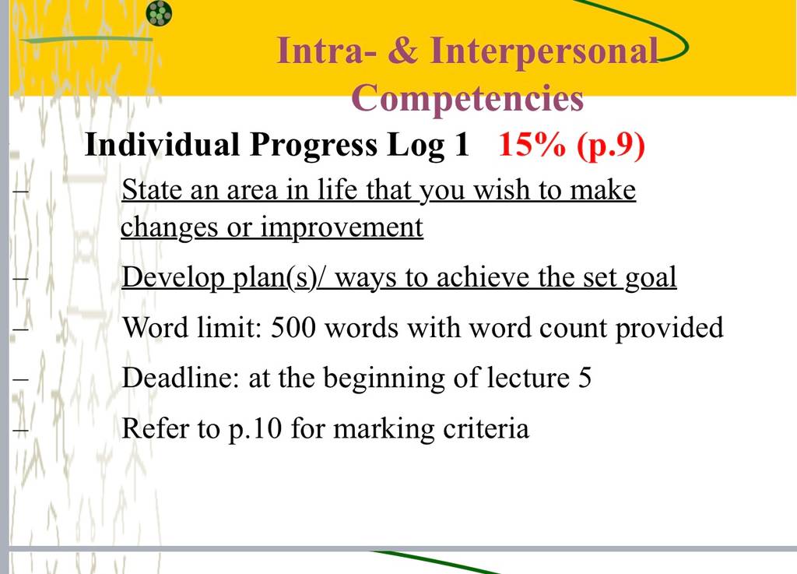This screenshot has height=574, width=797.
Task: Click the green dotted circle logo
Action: coord(159,13)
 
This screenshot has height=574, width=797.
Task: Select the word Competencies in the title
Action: coord(467,97)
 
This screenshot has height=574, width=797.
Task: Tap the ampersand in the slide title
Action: coord(403,51)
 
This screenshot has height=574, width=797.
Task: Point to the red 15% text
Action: coord(532,144)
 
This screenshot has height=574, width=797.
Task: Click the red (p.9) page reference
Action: coord(611,146)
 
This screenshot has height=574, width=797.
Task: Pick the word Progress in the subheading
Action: coord(314,146)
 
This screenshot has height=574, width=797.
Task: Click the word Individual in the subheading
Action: coord(162,144)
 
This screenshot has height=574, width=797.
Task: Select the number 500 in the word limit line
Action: coord(293,327)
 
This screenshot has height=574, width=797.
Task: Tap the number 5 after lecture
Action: coord(585,378)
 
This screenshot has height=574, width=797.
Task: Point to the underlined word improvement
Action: coord(342,227)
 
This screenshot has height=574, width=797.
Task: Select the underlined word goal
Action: coord(651,278)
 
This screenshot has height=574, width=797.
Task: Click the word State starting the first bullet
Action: coord(152,189)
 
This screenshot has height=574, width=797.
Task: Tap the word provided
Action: coord(669,328)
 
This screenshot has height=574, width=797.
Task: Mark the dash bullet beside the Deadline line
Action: coord(20,379)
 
